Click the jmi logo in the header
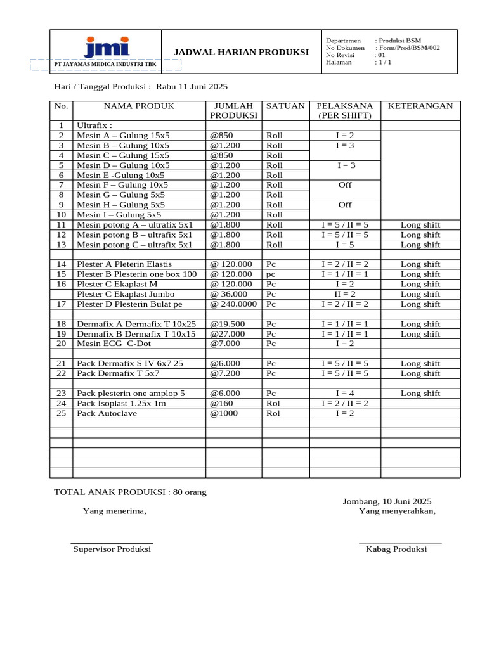pyautogui.click(x=106, y=46)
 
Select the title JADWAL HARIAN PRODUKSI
pyautogui.click(x=242, y=52)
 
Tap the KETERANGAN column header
pyautogui.click(x=420, y=106)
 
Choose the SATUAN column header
pyautogui.click(x=285, y=106)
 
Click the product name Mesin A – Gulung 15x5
pyautogui.click(x=123, y=136)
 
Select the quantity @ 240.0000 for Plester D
pyautogui.click(x=233, y=304)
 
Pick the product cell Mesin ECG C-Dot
pyautogui.click(x=114, y=344)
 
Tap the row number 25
pyautogui.click(x=61, y=413)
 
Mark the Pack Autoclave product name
pyautogui.click(x=107, y=413)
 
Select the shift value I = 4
pyautogui.click(x=345, y=394)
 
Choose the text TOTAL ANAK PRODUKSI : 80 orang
pyautogui.click(x=130, y=492)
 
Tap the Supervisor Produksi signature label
pyautogui.click(x=112, y=549)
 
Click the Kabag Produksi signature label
pyautogui.click(x=396, y=549)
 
